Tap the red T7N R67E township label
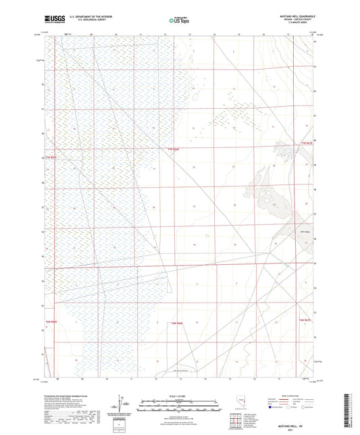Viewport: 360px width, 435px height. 307,143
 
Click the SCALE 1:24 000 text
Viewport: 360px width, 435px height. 180,396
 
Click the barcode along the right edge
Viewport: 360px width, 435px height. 353,412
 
